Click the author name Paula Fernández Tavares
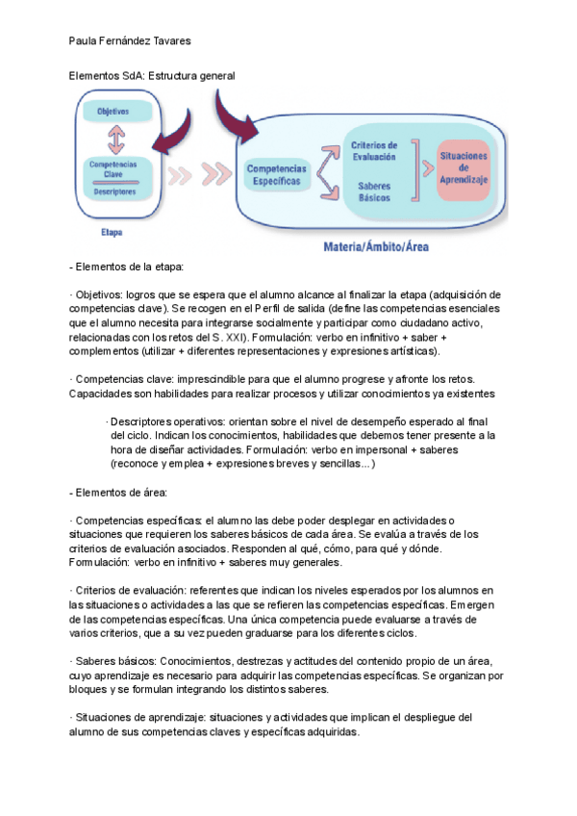131,41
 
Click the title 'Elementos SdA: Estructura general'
152,75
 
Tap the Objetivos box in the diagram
116,112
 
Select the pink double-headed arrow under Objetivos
117,140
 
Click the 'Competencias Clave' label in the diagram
113,168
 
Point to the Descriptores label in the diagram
114,191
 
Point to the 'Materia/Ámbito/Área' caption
376,246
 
